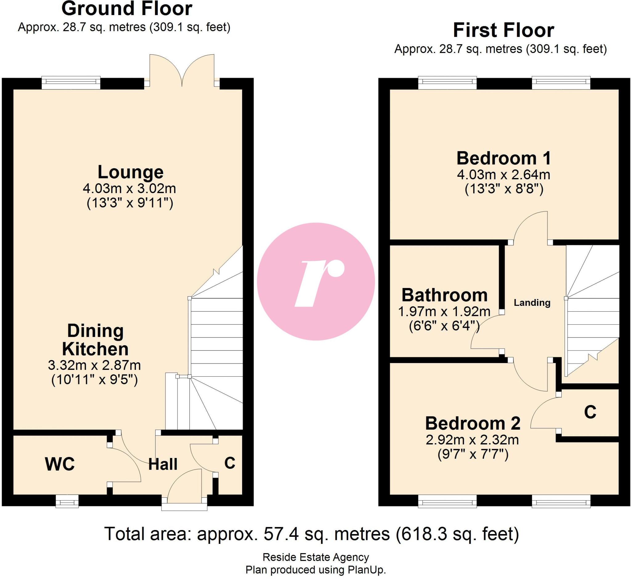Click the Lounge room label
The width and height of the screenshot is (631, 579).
pos(130,172)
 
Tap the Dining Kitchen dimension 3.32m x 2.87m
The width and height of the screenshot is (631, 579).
pos(94,365)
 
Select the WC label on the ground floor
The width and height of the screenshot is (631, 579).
pos(60,464)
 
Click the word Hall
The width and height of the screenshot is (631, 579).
pos(163,464)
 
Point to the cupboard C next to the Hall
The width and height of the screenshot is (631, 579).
pos(230,463)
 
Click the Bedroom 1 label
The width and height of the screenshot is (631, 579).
pos(503,158)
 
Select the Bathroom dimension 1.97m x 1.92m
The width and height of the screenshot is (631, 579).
pos(444,311)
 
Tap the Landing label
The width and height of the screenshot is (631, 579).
pos(532,302)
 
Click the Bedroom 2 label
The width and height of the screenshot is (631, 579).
pos(473,423)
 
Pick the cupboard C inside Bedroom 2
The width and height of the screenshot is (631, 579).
pos(590,412)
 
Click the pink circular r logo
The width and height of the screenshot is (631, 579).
pos(316,281)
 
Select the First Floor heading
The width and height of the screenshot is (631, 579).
pos(503,30)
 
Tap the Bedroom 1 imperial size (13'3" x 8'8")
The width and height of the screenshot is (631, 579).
pos(504,189)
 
